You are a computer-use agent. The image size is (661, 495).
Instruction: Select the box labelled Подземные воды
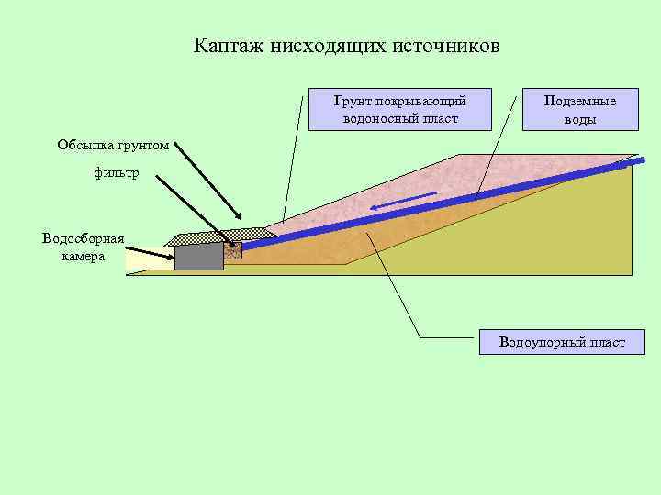(x=580, y=111)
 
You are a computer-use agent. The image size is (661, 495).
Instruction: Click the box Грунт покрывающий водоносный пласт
(x=399, y=111)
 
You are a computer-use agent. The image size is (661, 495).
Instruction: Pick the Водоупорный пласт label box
(x=562, y=342)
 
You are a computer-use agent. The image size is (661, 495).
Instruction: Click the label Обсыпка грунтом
(x=113, y=145)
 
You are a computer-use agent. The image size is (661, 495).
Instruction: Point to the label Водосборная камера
(x=84, y=247)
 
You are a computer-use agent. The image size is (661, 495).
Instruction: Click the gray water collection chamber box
(x=199, y=255)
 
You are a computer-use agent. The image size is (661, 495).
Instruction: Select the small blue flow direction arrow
(x=404, y=202)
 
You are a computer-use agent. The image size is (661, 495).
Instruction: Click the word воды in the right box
(x=580, y=120)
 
